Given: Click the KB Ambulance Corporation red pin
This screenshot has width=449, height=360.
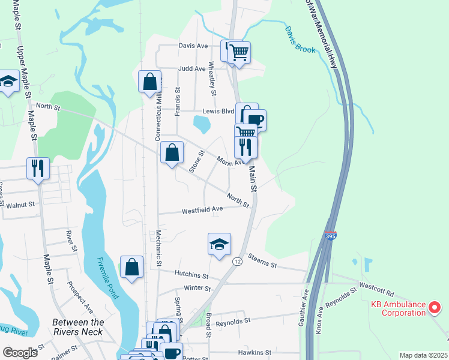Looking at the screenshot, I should pyautogui.click(x=435, y=308).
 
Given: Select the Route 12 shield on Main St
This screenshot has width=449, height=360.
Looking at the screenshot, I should pyautogui.click(x=238, y=261).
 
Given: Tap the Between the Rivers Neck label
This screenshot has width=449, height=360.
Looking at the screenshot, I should pyautogui.click(x=78, y=327).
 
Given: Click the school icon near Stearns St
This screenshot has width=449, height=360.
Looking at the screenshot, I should pyautogui.click(x=220, y=245).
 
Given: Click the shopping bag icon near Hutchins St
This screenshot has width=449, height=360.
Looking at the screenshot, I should pyautogui.click(x=132, y=267).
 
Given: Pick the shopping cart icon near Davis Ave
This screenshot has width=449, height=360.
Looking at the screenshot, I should pyautogui.click(x=239, y=53).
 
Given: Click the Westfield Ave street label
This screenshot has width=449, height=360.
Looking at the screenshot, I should pyautogui.click(x=202, y=209).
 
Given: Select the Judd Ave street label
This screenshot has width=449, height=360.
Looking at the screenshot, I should pyautogui.click(x=192, y=68).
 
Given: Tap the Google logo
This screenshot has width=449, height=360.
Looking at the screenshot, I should pyautogui.click(x=20, y=352).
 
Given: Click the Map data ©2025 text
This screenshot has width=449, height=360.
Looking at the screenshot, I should pyautogui.click(x=423, y=355).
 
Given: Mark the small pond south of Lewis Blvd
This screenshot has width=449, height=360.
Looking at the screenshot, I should pyautogui.click(x=202, y=124).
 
